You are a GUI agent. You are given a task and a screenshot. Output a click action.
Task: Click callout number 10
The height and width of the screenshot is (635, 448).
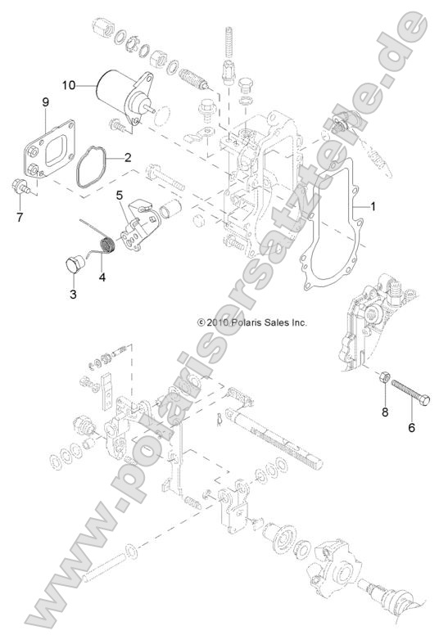coord(70,83)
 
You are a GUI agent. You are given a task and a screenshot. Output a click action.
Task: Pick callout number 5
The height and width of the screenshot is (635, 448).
coord(119,196)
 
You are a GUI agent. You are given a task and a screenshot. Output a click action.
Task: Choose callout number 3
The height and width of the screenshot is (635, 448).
coord(72,293)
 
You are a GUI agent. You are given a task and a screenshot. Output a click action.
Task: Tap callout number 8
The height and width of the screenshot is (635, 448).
coord(384,412)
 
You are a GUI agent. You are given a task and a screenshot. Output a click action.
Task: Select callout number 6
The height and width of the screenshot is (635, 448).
coord(411,426)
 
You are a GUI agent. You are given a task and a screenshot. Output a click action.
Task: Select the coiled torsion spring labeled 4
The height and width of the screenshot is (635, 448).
coord(104,244)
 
